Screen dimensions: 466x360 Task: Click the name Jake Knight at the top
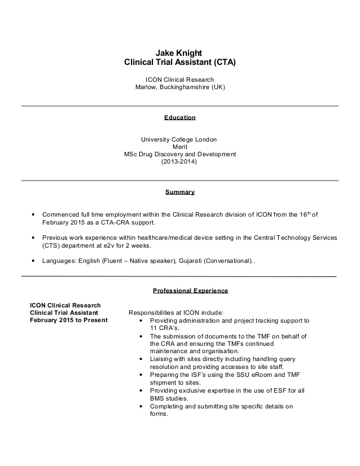pos(179,53)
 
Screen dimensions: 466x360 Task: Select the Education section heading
pos(179,118)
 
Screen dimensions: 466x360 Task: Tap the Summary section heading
pos(179,192)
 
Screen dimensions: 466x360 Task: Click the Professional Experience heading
pos(190,291)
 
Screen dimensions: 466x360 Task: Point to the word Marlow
pos(146,88)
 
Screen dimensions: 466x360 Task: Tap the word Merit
pos(179,147)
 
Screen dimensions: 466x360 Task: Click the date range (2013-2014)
pos(179,161)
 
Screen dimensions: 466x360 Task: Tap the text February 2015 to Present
pos(68,320)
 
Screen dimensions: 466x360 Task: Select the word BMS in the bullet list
pos(158,397)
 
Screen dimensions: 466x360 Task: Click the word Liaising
pos(163,359)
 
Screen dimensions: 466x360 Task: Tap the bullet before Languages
pos(34,261)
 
